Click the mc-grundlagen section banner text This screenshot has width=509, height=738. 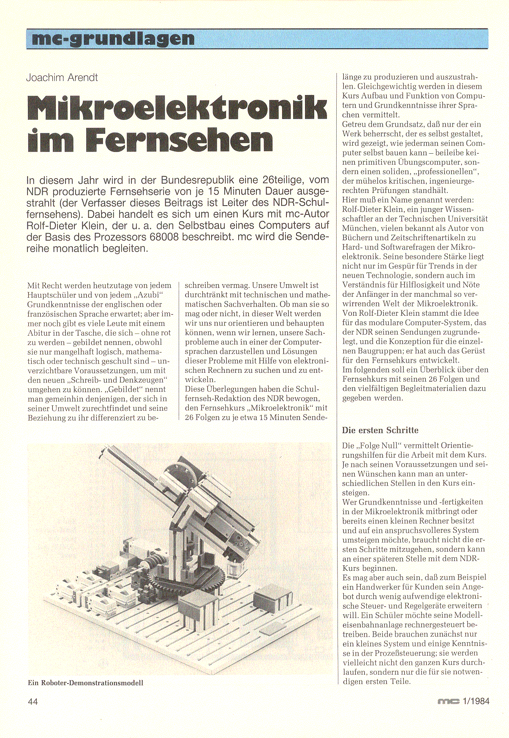[113, 39]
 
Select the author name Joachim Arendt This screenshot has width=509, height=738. [62, 78]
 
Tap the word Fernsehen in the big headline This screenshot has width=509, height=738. [179, 141]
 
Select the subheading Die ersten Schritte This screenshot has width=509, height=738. [380, 430]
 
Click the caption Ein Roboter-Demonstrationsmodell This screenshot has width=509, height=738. [85, 683]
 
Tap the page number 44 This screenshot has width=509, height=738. [33, 701]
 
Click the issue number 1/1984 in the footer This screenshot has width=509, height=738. [476, 701]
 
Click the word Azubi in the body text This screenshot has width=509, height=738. [151, 295]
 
